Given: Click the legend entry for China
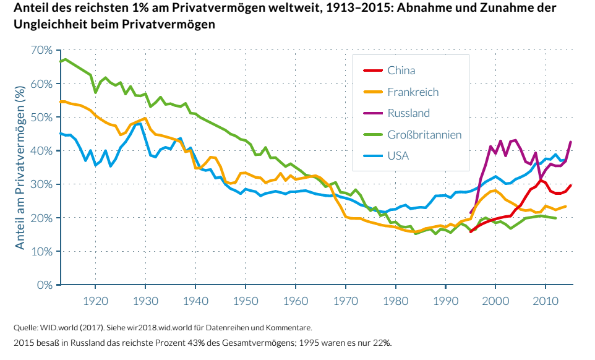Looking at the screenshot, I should (401, 71).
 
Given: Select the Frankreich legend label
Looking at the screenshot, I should (413, 92).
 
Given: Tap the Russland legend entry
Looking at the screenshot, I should (408, 113).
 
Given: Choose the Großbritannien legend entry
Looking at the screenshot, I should (424, 135).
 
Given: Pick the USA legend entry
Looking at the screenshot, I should (398, 156).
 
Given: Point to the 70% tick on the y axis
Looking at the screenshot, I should (41, 50).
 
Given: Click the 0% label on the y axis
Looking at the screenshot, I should (44, 285).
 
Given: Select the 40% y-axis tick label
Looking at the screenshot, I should (41, 151).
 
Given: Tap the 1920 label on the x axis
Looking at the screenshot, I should (95, 301).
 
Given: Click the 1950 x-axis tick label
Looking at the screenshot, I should (246, 301).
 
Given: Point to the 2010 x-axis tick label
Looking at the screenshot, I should (545, 301).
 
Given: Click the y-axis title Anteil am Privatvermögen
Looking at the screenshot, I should (20, 168).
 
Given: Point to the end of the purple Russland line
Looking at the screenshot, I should (570, 142).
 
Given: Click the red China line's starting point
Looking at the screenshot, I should (471, 232).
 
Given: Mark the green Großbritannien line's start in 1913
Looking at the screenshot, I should (61, 61).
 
